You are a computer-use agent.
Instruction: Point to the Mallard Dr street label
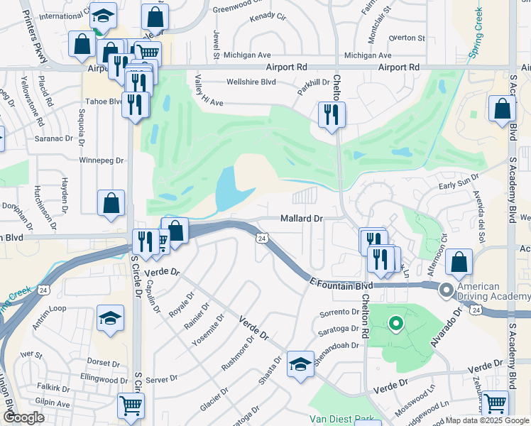click(302, 219)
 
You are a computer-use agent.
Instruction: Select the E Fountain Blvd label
click(341, 284)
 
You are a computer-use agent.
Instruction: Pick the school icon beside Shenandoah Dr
click(300, 365)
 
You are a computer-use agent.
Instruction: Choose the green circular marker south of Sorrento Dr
click(396, 324)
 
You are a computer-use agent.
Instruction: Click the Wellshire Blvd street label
click(251, 82)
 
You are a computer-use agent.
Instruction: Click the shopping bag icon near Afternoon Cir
click(460, 262)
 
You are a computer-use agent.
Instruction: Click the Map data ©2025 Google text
click(488, 420)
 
